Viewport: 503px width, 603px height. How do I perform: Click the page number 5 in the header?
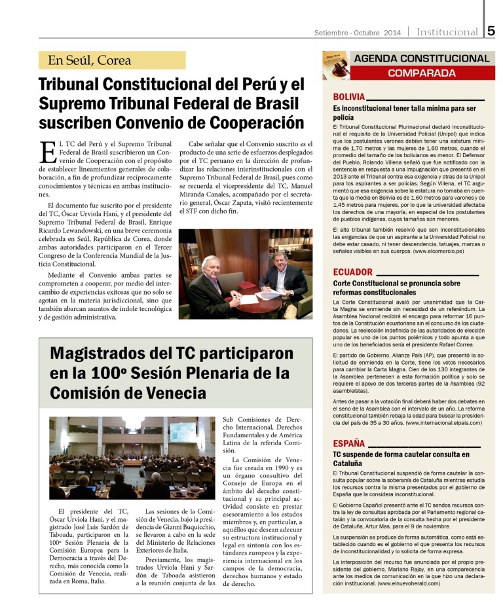pos(491,31)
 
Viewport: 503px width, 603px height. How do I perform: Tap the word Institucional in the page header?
pos(447,32)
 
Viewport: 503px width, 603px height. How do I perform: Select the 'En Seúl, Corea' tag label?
pos(90,61)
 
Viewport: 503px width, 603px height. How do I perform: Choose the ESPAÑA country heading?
pos(349,443)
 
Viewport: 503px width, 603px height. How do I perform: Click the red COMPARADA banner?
pos(421,73)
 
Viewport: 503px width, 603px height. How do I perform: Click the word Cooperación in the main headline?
pos(252,122)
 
